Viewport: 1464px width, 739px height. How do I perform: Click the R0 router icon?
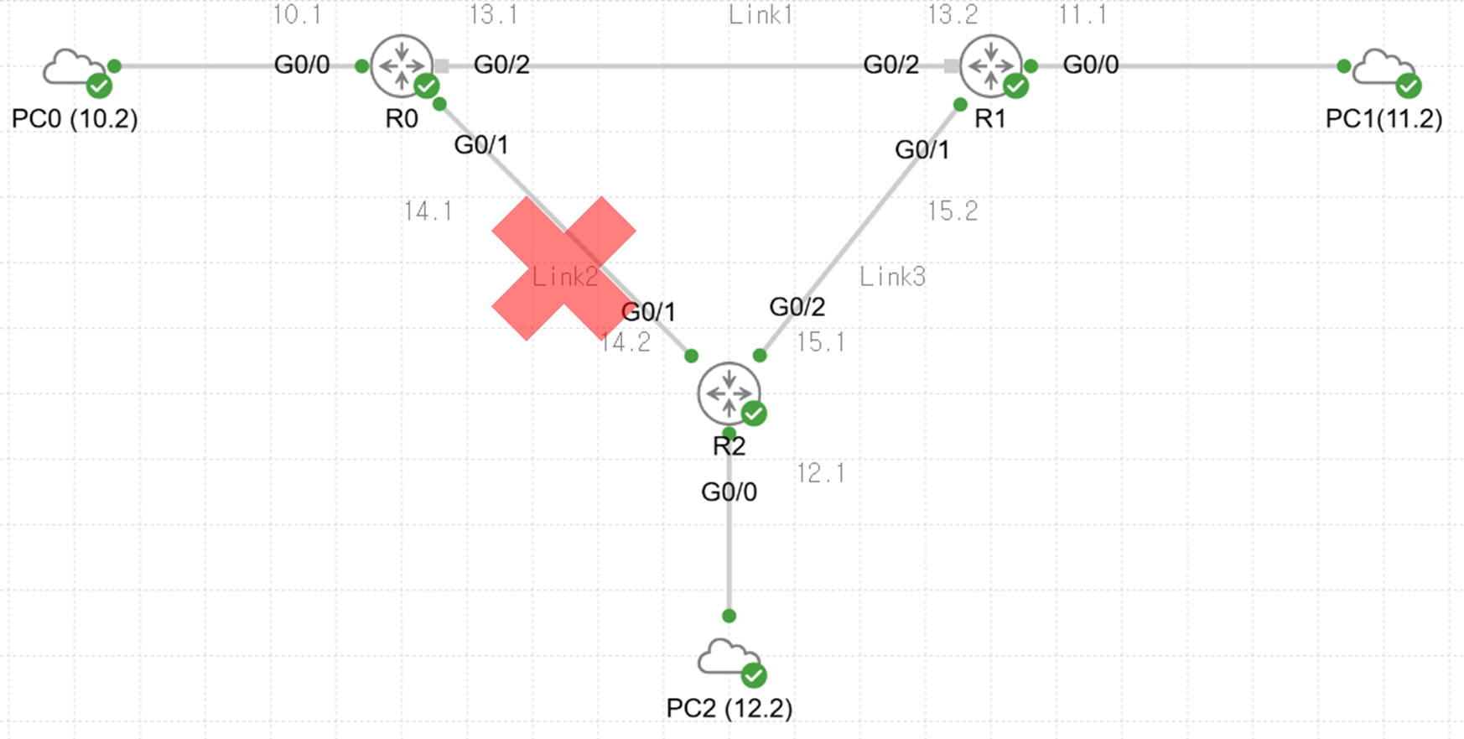click(402, 65)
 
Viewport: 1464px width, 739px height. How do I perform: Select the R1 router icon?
click(991, 65)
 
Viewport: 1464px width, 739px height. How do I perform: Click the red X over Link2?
click(563, 268)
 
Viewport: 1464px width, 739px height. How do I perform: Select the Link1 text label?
click(760, 15)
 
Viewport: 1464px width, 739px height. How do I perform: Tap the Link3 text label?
click(892, 277)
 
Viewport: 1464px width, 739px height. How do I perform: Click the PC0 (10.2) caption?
click(75, 118)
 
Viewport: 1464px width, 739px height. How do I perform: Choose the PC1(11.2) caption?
click(1384, 118)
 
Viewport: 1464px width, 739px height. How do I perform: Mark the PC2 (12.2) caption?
click(729, 708)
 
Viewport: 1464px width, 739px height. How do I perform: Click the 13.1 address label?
click(493, 15)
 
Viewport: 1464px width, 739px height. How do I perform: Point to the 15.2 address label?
click(953, 211)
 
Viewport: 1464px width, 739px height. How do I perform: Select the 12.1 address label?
click(821, 474)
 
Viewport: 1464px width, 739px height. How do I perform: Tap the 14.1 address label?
click(428, 211)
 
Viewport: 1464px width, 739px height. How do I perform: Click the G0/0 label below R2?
click(729, 492)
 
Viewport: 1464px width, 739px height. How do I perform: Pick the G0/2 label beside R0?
click(501, 65)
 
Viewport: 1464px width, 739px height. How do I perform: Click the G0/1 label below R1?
click(922, 149)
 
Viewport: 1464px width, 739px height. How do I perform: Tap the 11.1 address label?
click(1082, 15)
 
